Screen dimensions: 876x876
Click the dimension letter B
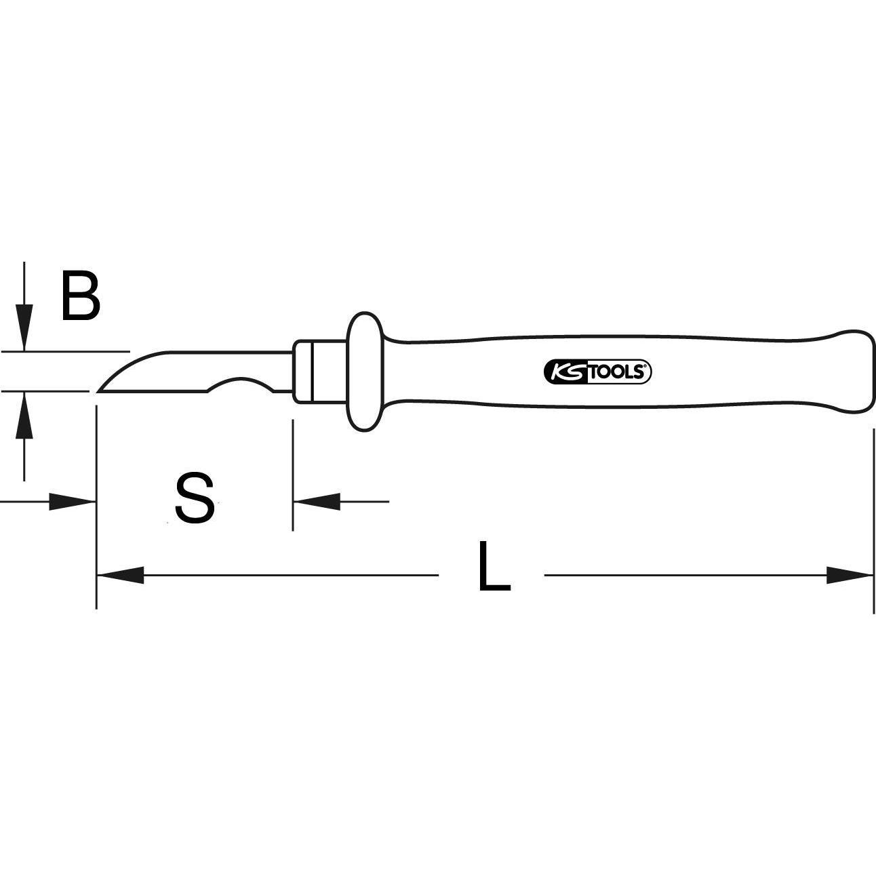coord(81,296)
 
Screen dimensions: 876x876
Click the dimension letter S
coord(195,499)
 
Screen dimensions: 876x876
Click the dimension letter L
coord(493,567)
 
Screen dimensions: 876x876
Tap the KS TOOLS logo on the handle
coord(597,372)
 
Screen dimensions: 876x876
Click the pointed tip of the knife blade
coord(100,391)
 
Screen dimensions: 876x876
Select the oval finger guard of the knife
coord(365,372)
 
